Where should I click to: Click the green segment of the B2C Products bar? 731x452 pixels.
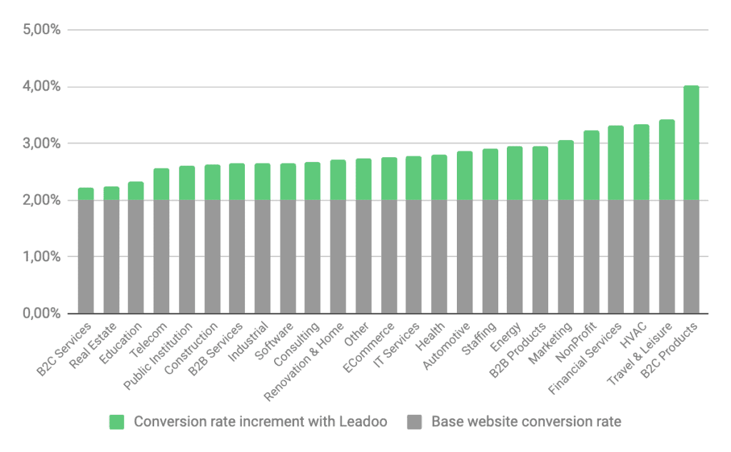691,143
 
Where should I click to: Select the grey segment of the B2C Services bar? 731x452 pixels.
86,257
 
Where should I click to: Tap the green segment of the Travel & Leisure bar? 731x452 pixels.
666,160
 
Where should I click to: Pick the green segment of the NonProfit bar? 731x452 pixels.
590,166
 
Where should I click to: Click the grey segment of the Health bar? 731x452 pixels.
439,257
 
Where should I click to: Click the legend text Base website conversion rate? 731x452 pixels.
526,422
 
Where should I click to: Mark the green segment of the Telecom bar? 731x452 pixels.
161,184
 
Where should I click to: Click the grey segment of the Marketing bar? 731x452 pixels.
565,257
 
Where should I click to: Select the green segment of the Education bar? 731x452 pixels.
136,191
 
